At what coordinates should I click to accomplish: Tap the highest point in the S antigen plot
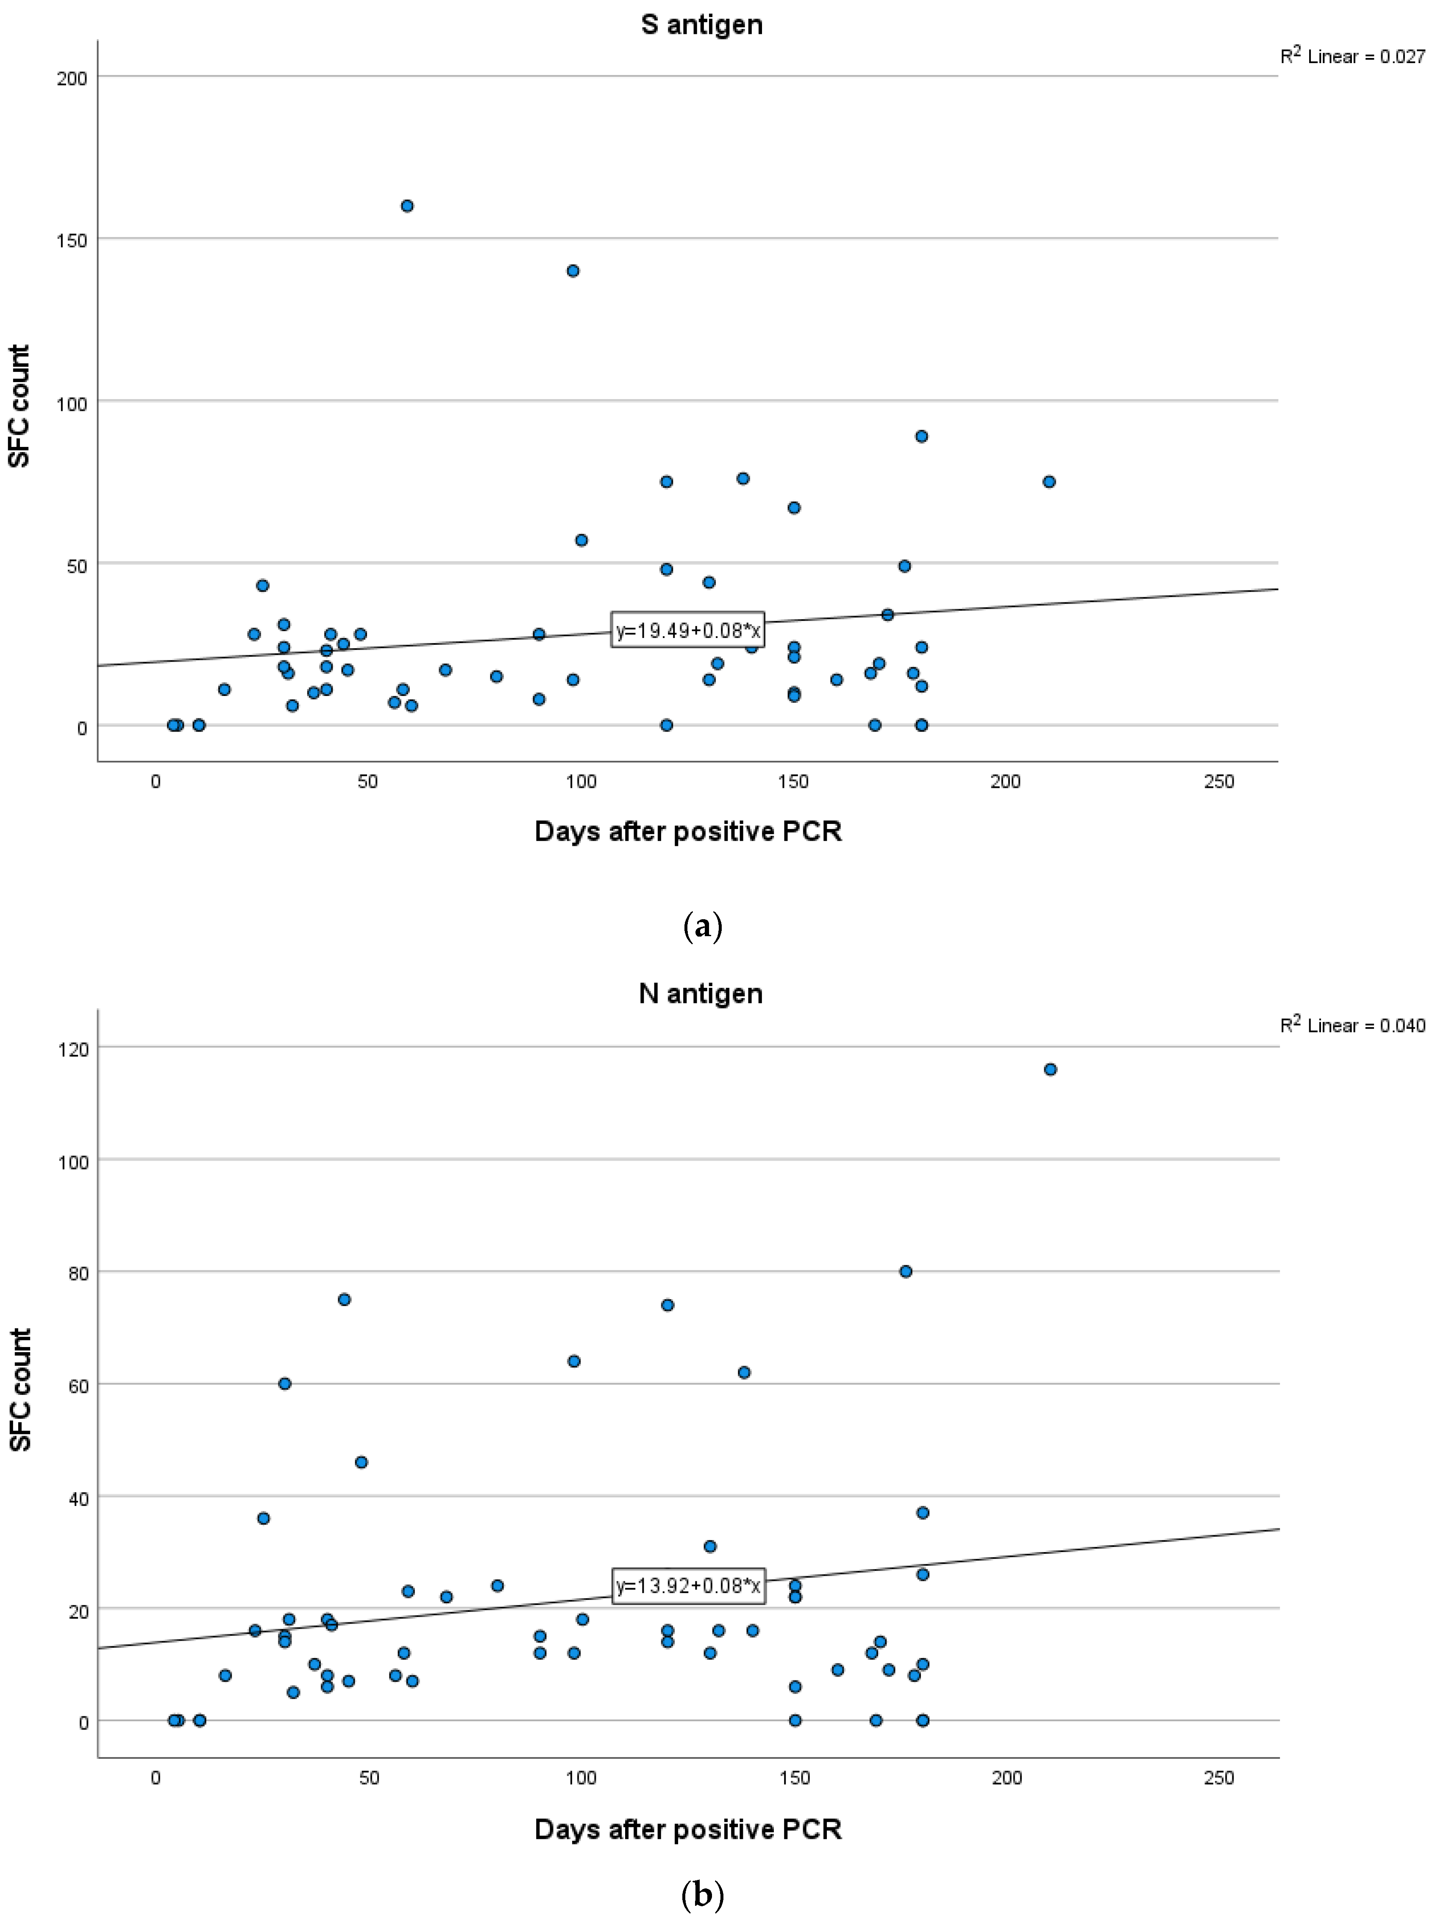[x=406, y=206]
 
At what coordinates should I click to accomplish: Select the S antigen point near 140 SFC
[x=573, y=271]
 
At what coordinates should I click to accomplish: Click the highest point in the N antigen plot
[x=1050, y=1070]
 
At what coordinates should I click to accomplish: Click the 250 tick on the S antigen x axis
[x=1219, y=782]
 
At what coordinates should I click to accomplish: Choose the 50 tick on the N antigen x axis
[x=368, y=1777]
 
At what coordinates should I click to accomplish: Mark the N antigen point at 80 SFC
[x=905, y=1272]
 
